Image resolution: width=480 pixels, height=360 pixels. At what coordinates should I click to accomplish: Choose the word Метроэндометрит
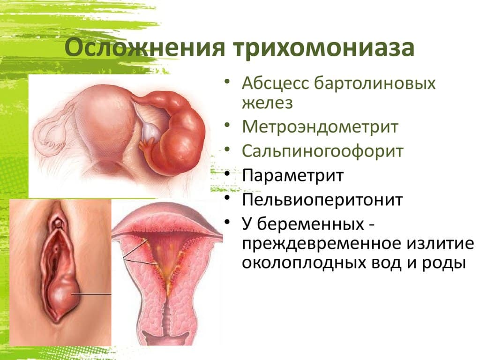pos(320,127)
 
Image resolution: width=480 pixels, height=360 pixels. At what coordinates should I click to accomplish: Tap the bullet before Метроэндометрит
pos(227,125)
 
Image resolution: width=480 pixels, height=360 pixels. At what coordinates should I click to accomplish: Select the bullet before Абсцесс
pos(227,82)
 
